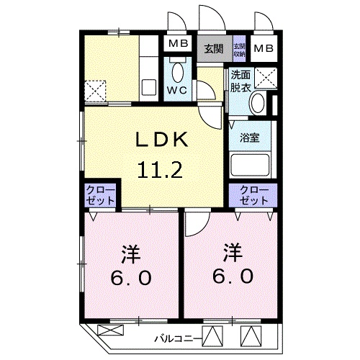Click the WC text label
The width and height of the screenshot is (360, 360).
click(x=179, y=90)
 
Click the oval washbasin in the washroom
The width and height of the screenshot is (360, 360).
click(x=257, y=104)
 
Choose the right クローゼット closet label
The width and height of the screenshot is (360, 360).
click(x=253, y=194)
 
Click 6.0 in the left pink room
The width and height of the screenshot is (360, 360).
click(x=130, y=277)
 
